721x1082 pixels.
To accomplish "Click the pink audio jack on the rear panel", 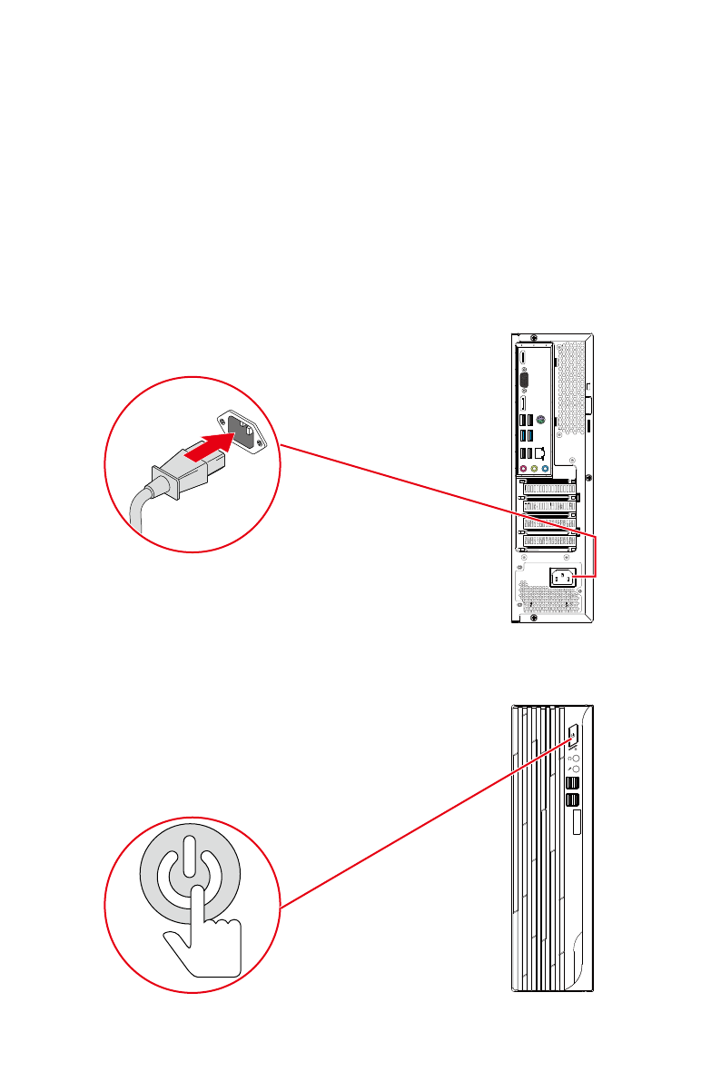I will (524, 470).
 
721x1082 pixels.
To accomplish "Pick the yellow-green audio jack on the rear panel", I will (534, 470).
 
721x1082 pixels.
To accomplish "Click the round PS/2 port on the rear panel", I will (541, 421).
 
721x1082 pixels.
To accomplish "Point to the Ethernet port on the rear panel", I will (541, 452).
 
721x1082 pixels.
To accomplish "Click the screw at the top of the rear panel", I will (533, 336).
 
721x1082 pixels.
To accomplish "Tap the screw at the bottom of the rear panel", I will (533, 618).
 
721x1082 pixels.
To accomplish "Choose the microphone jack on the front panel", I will (573, 769).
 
